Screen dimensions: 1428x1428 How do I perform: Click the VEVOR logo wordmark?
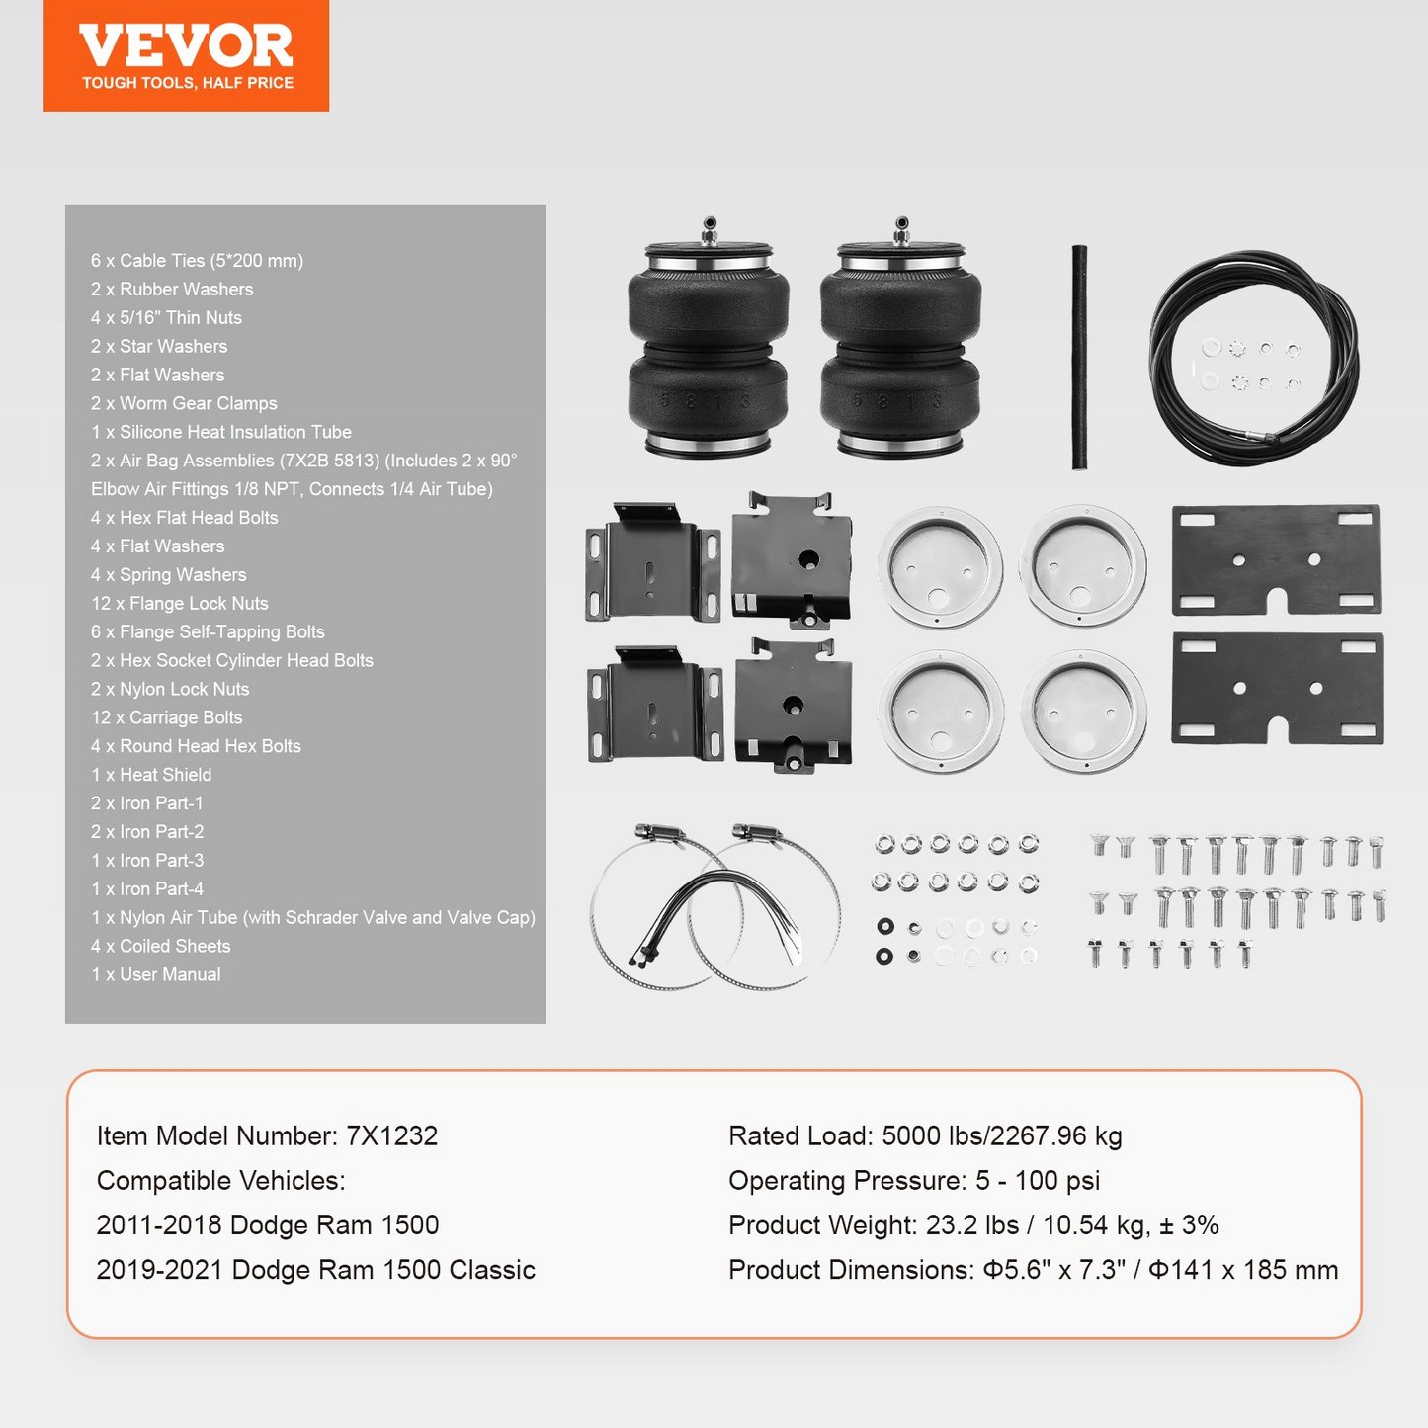(x=186, y=45)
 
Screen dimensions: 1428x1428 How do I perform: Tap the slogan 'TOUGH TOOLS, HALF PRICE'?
(x=188, y=83)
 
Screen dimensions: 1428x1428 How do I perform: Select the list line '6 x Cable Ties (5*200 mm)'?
(x=197, y=261)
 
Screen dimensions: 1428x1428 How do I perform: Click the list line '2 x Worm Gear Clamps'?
(x=184, y=403)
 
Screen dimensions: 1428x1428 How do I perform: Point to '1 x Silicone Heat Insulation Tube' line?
(x=220, y=432)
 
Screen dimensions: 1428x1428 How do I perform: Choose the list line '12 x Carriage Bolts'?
(x=167, y=717)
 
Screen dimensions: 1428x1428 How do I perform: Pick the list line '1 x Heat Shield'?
(x=151, y=775)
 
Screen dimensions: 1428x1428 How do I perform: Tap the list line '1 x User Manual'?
(x=155, y=974)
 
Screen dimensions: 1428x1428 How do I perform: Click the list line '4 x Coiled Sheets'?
(x=161, y=947)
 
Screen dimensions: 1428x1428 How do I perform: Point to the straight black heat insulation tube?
(x=1080, y=357)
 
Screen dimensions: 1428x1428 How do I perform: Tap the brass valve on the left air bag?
(x=710, y=230)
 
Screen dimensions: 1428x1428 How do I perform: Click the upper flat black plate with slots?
(x=1276, y=560)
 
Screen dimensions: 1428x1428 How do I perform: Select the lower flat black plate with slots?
(x=1277, y=689)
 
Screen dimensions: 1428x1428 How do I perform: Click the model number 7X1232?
(x=392, y=1136)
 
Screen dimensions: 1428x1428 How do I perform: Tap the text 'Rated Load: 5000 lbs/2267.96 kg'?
(x=925, y=1136)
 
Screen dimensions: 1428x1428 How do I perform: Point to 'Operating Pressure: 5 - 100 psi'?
(x=914, y=1181)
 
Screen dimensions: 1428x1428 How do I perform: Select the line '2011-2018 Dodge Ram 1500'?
(x=268, y=1225)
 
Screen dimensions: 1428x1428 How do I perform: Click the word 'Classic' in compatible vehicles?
(x=492, y=1270)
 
